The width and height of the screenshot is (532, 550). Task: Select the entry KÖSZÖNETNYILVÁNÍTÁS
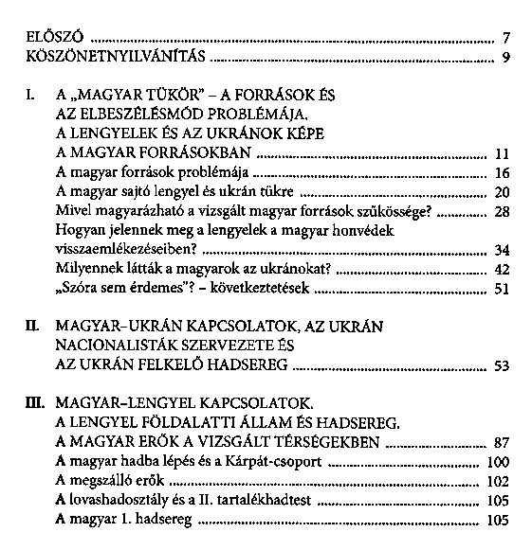pyautogui.click(x=114, y=59)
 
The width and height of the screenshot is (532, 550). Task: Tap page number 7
pyautogui.click(x=507, y=39)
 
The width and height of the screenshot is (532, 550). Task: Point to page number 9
pyautogui.click(x=507, y=59)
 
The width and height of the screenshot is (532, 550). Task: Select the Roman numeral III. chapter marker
pyautogui.click(x=35, y=404)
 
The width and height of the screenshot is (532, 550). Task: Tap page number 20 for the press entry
pyautogui.click(x=503, y=192)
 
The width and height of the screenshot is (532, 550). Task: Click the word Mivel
pyautogui.click(x=76, y=211)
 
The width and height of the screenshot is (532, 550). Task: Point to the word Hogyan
pyautogui.click(x=81, y=231)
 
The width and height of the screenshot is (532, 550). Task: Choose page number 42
pyautogui.click(x=503, y=270)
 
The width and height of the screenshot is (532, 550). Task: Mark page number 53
pyautogui.click(x=503, y=365)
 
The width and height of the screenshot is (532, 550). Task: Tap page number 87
pyautogui.click(x=503, y=443)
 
